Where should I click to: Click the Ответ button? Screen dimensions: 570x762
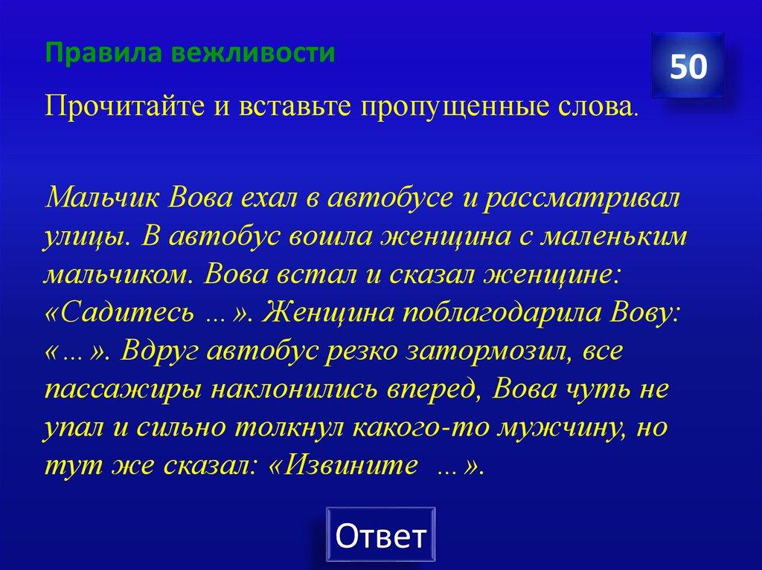[x=380, y=535]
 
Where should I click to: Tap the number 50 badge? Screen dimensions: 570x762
[x=688, y=67]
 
